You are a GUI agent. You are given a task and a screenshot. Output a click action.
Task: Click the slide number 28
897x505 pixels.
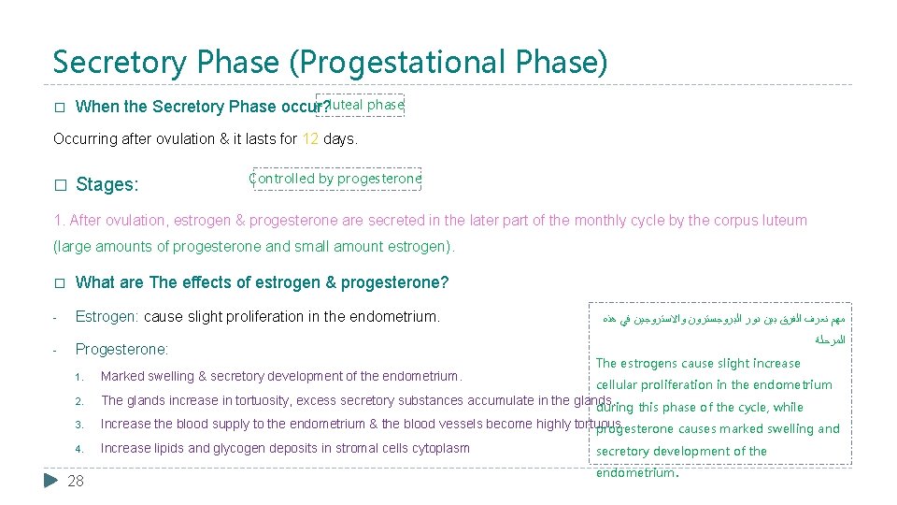point(76,481)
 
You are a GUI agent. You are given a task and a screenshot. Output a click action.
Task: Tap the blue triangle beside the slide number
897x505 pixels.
point(52,481)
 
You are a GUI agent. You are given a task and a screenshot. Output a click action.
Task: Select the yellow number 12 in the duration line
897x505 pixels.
point(310,139)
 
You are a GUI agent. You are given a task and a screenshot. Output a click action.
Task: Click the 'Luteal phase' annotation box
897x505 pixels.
point(361,105)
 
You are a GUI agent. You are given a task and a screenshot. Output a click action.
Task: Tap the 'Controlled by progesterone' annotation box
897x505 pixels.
point(336,179)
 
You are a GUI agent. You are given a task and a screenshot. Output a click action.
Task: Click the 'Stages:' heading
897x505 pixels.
point(107,185)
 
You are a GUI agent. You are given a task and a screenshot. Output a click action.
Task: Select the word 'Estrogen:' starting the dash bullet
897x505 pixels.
point(107,317)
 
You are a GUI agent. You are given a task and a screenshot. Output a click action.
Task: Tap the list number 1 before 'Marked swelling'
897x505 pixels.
point(79,378)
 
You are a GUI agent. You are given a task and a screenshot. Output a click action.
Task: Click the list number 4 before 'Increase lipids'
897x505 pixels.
point(79,449)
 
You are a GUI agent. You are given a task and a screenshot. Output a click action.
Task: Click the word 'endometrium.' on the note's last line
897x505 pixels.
point(635,473)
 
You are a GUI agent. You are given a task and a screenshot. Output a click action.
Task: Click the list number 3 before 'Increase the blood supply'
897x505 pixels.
point(79,426)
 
